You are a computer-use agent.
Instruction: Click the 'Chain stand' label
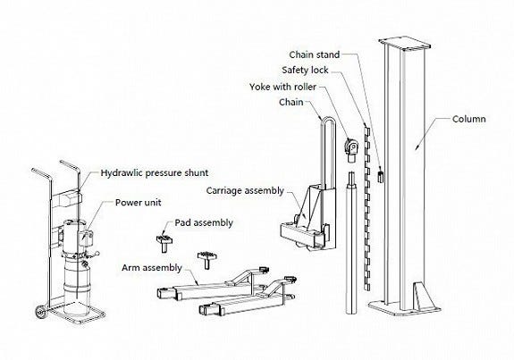pos(314,54)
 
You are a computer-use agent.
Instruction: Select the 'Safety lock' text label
pos(305,70)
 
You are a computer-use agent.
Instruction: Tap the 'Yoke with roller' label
pos(282,87)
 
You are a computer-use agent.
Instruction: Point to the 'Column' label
pos(468,119)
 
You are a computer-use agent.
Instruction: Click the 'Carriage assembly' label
pos(245,190)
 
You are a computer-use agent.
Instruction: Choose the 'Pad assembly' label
pos(204,222)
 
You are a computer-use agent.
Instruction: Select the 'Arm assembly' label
pos(151,268)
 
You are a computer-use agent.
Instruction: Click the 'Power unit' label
pos(138,203)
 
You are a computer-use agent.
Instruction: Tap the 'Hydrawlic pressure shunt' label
pos(154,173)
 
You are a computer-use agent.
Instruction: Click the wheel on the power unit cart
pos(41,312)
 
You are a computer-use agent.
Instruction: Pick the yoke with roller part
pos(351,150)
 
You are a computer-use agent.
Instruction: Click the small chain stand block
pos(381,176)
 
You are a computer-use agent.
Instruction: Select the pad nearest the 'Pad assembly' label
pos(164,242)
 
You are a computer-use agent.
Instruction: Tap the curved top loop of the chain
pos(328,120)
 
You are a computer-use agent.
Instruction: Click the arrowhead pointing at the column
pos(418,147)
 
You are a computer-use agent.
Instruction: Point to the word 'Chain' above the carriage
pos(291,102)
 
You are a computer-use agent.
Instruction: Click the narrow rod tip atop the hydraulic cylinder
pos(351,179)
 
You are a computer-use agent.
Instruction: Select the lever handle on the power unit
pos(92,255)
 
